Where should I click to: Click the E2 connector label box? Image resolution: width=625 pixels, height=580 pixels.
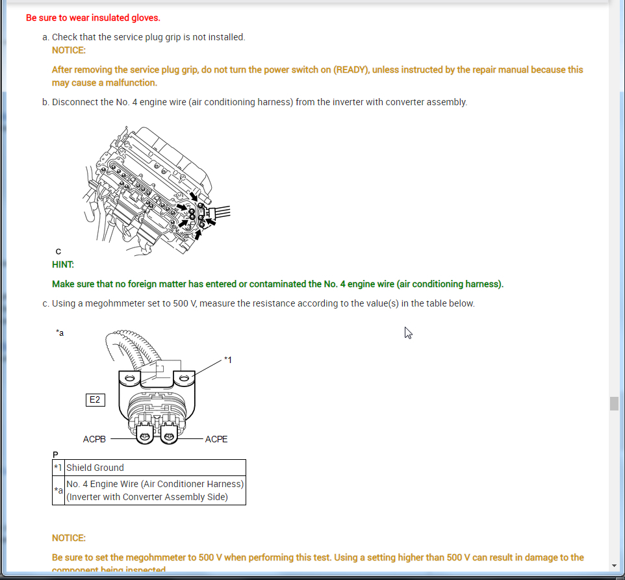pos(95,399)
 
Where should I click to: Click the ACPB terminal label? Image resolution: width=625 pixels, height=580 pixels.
pos(94,439)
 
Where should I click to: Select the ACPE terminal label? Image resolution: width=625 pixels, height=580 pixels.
pos(216,439)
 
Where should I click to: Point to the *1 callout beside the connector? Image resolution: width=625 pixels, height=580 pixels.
pos(227,359)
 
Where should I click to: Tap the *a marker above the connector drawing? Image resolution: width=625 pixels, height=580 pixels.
pos(60,333)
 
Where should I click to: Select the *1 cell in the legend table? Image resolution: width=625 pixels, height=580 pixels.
pos(58,468)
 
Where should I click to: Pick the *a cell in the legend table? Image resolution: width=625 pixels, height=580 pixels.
pos(58,490)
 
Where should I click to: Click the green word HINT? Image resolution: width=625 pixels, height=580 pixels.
pos(63,264)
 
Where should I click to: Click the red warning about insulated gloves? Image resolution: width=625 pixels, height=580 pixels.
pos(93,18)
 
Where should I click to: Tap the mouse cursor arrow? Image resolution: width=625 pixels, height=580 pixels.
pos(408,333)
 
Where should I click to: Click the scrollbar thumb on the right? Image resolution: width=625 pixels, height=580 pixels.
pos(614,403)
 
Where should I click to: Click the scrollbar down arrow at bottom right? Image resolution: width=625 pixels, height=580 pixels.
pos(614,566)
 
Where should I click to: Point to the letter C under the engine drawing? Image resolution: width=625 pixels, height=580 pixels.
pos(58,251)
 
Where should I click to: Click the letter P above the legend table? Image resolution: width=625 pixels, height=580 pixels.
pos(55,454)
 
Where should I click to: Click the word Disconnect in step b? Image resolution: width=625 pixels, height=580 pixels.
pos(73,102)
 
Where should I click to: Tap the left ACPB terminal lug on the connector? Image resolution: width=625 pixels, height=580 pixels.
pos(146,436)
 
